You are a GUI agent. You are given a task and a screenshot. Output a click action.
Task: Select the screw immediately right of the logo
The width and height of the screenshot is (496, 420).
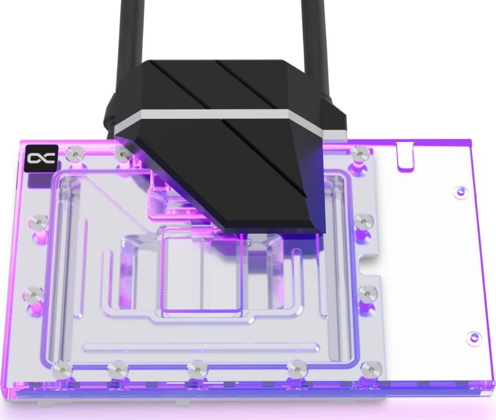pyautogui.click(x=74, y=154)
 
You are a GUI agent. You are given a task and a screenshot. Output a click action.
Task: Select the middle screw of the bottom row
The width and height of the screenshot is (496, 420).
pyautogui.click(x=197, y=369)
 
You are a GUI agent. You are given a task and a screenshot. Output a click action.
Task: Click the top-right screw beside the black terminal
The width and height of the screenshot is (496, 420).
pyautogui.click(x=358, y=153)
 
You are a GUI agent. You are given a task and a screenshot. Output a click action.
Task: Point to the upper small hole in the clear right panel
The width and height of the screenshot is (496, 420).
pyautogui.click(x=461, y=192)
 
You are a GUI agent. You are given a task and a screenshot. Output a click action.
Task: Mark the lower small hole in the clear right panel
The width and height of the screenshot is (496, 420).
pyautogui.click(x=473, y=338)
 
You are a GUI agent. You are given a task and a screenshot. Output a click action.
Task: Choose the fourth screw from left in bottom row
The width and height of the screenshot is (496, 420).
pyautogui.click(x=297, y=370)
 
